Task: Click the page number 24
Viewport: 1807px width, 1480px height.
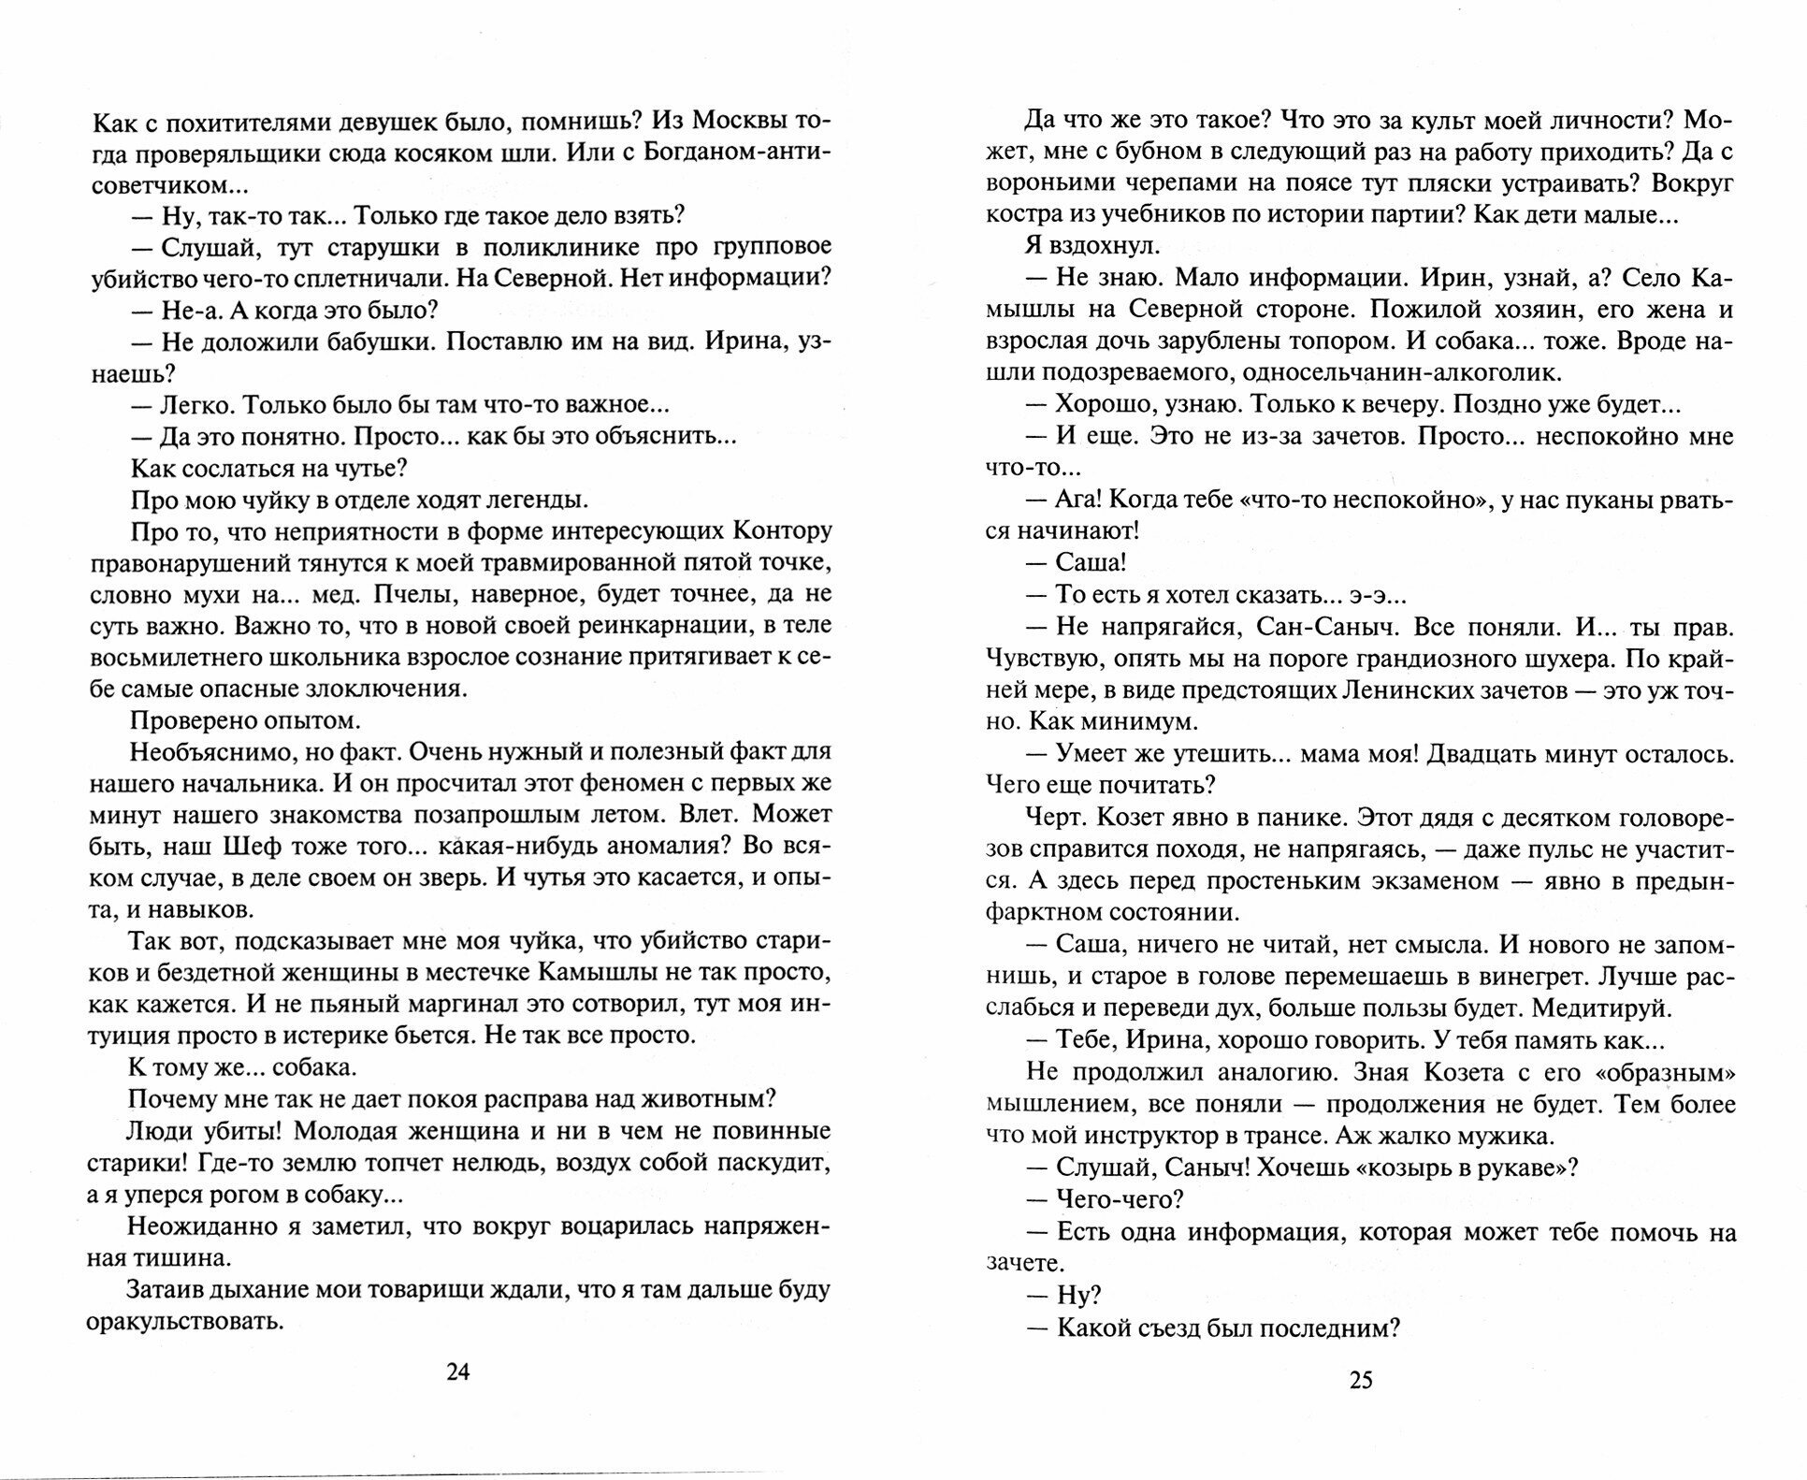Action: [457, 1372]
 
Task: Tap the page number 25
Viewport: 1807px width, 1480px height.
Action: [1361, 1379]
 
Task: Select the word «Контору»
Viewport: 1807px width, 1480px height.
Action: [787, 531]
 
